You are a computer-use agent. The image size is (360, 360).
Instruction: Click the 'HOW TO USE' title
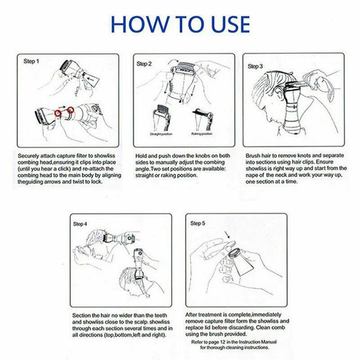tap(180, 24)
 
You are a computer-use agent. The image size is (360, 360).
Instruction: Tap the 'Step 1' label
tap(31, 61)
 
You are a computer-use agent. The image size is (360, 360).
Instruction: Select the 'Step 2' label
tap(144, 64)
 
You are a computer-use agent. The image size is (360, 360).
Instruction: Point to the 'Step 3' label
tap(255, 66)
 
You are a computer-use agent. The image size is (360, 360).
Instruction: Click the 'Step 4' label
tap(80, 224)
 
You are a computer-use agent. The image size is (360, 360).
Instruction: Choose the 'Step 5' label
tap(198, 223)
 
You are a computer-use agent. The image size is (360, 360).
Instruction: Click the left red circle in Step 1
tap(58, 113)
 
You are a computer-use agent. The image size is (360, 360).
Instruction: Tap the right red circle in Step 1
tap(71, 110)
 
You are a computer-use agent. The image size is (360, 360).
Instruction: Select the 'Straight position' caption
tap(161, 134)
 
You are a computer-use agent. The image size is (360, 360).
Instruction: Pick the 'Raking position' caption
tap(202, 134)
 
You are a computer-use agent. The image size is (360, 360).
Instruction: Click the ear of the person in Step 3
tap(279, 92)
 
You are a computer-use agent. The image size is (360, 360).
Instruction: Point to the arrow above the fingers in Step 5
tap(227, 234)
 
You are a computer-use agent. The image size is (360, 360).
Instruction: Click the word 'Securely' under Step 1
tap(28, 156)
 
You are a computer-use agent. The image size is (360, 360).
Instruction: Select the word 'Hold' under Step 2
tap(140, 156)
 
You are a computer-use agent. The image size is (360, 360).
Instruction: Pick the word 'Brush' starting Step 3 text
tap(252, 156)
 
